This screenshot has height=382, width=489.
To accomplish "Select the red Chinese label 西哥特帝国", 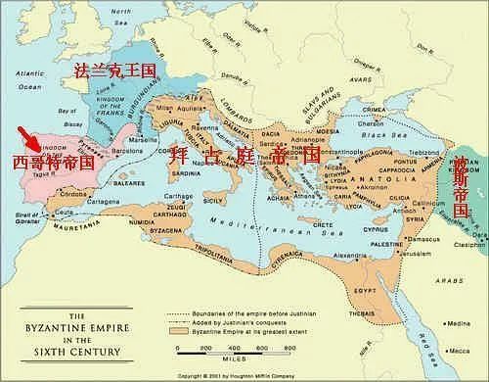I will (x=48, y=161).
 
